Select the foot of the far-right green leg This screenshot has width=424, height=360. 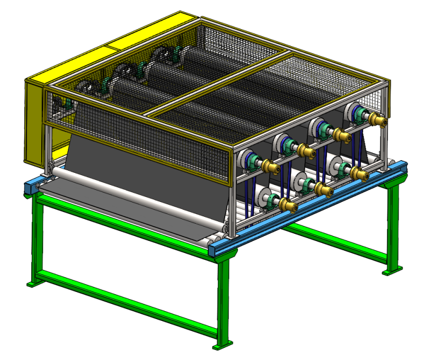click(x=391, y=271)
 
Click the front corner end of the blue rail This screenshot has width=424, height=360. click(x=217, y=249)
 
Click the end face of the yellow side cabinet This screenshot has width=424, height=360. click(x=33, y=122)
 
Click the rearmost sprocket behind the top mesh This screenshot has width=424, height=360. click(x=161, y=56)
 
